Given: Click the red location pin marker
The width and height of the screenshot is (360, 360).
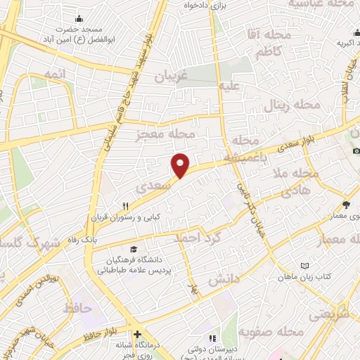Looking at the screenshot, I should tap(181, 165).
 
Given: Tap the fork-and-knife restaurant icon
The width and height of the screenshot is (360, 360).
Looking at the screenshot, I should tap(125, 206).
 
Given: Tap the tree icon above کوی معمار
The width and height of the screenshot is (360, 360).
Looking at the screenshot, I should tap(346, 205).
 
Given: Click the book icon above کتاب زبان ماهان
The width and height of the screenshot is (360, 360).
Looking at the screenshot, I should tap(304, 265).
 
